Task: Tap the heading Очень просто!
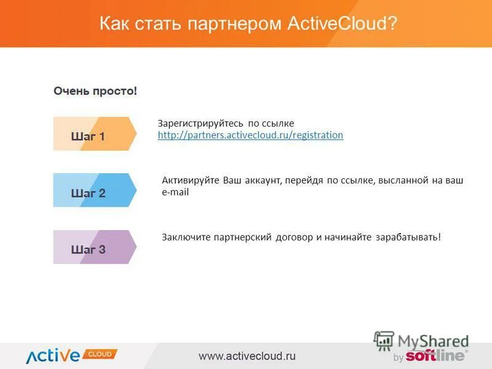[x=95, y=91]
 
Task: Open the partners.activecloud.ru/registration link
[x=250, y=135]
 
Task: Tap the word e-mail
[x=175, y=192]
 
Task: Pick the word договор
[x=294, y=237]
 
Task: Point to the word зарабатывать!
[x=408, y=237]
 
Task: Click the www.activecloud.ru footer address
[x=247, y=355]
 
